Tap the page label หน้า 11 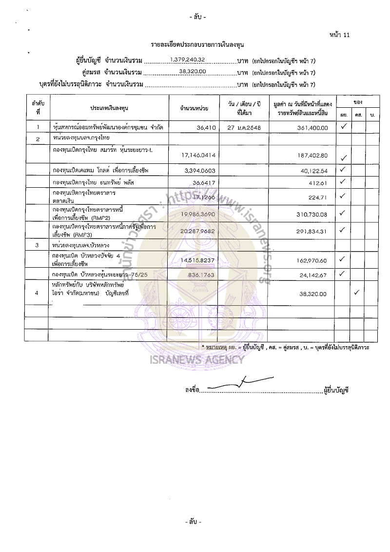pos(340,35)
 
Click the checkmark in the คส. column pos(357,293)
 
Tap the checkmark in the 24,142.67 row pos(343,273)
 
